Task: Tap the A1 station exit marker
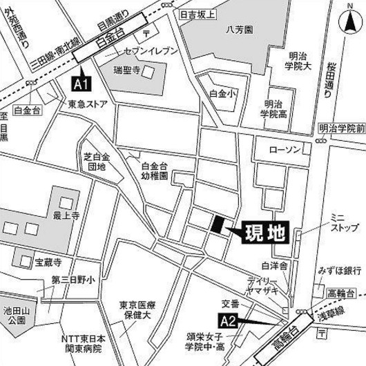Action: [81, 84]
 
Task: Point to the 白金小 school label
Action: [222, 92]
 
